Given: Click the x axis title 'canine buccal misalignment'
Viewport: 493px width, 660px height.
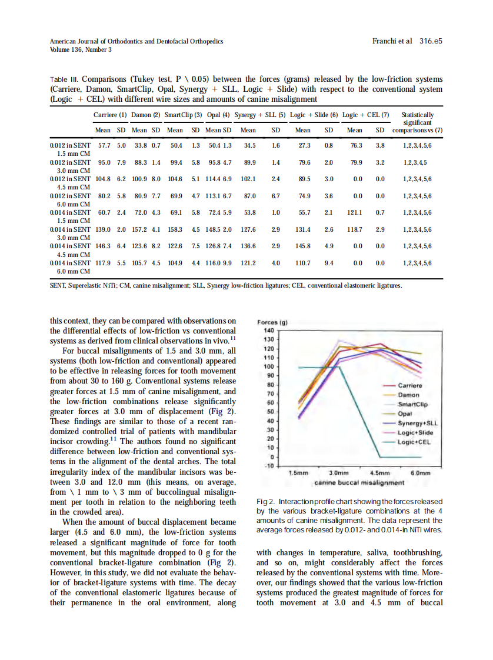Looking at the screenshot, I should point(359,482).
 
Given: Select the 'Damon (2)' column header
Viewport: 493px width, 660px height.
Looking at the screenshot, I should point(145,115).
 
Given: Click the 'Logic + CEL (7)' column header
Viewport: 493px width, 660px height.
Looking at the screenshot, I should point(365,115).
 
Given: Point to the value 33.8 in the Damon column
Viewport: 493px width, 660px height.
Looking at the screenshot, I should point(139,145).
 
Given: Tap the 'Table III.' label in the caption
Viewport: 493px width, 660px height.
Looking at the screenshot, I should point(64,79).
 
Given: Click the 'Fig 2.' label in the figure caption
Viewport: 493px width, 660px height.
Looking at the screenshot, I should point(266,501).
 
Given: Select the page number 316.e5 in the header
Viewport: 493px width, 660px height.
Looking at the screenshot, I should point(431,41).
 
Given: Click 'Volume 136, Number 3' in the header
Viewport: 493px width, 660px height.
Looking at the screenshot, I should point(81,50).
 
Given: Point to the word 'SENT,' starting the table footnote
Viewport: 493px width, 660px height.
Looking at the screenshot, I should point(58,285).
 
